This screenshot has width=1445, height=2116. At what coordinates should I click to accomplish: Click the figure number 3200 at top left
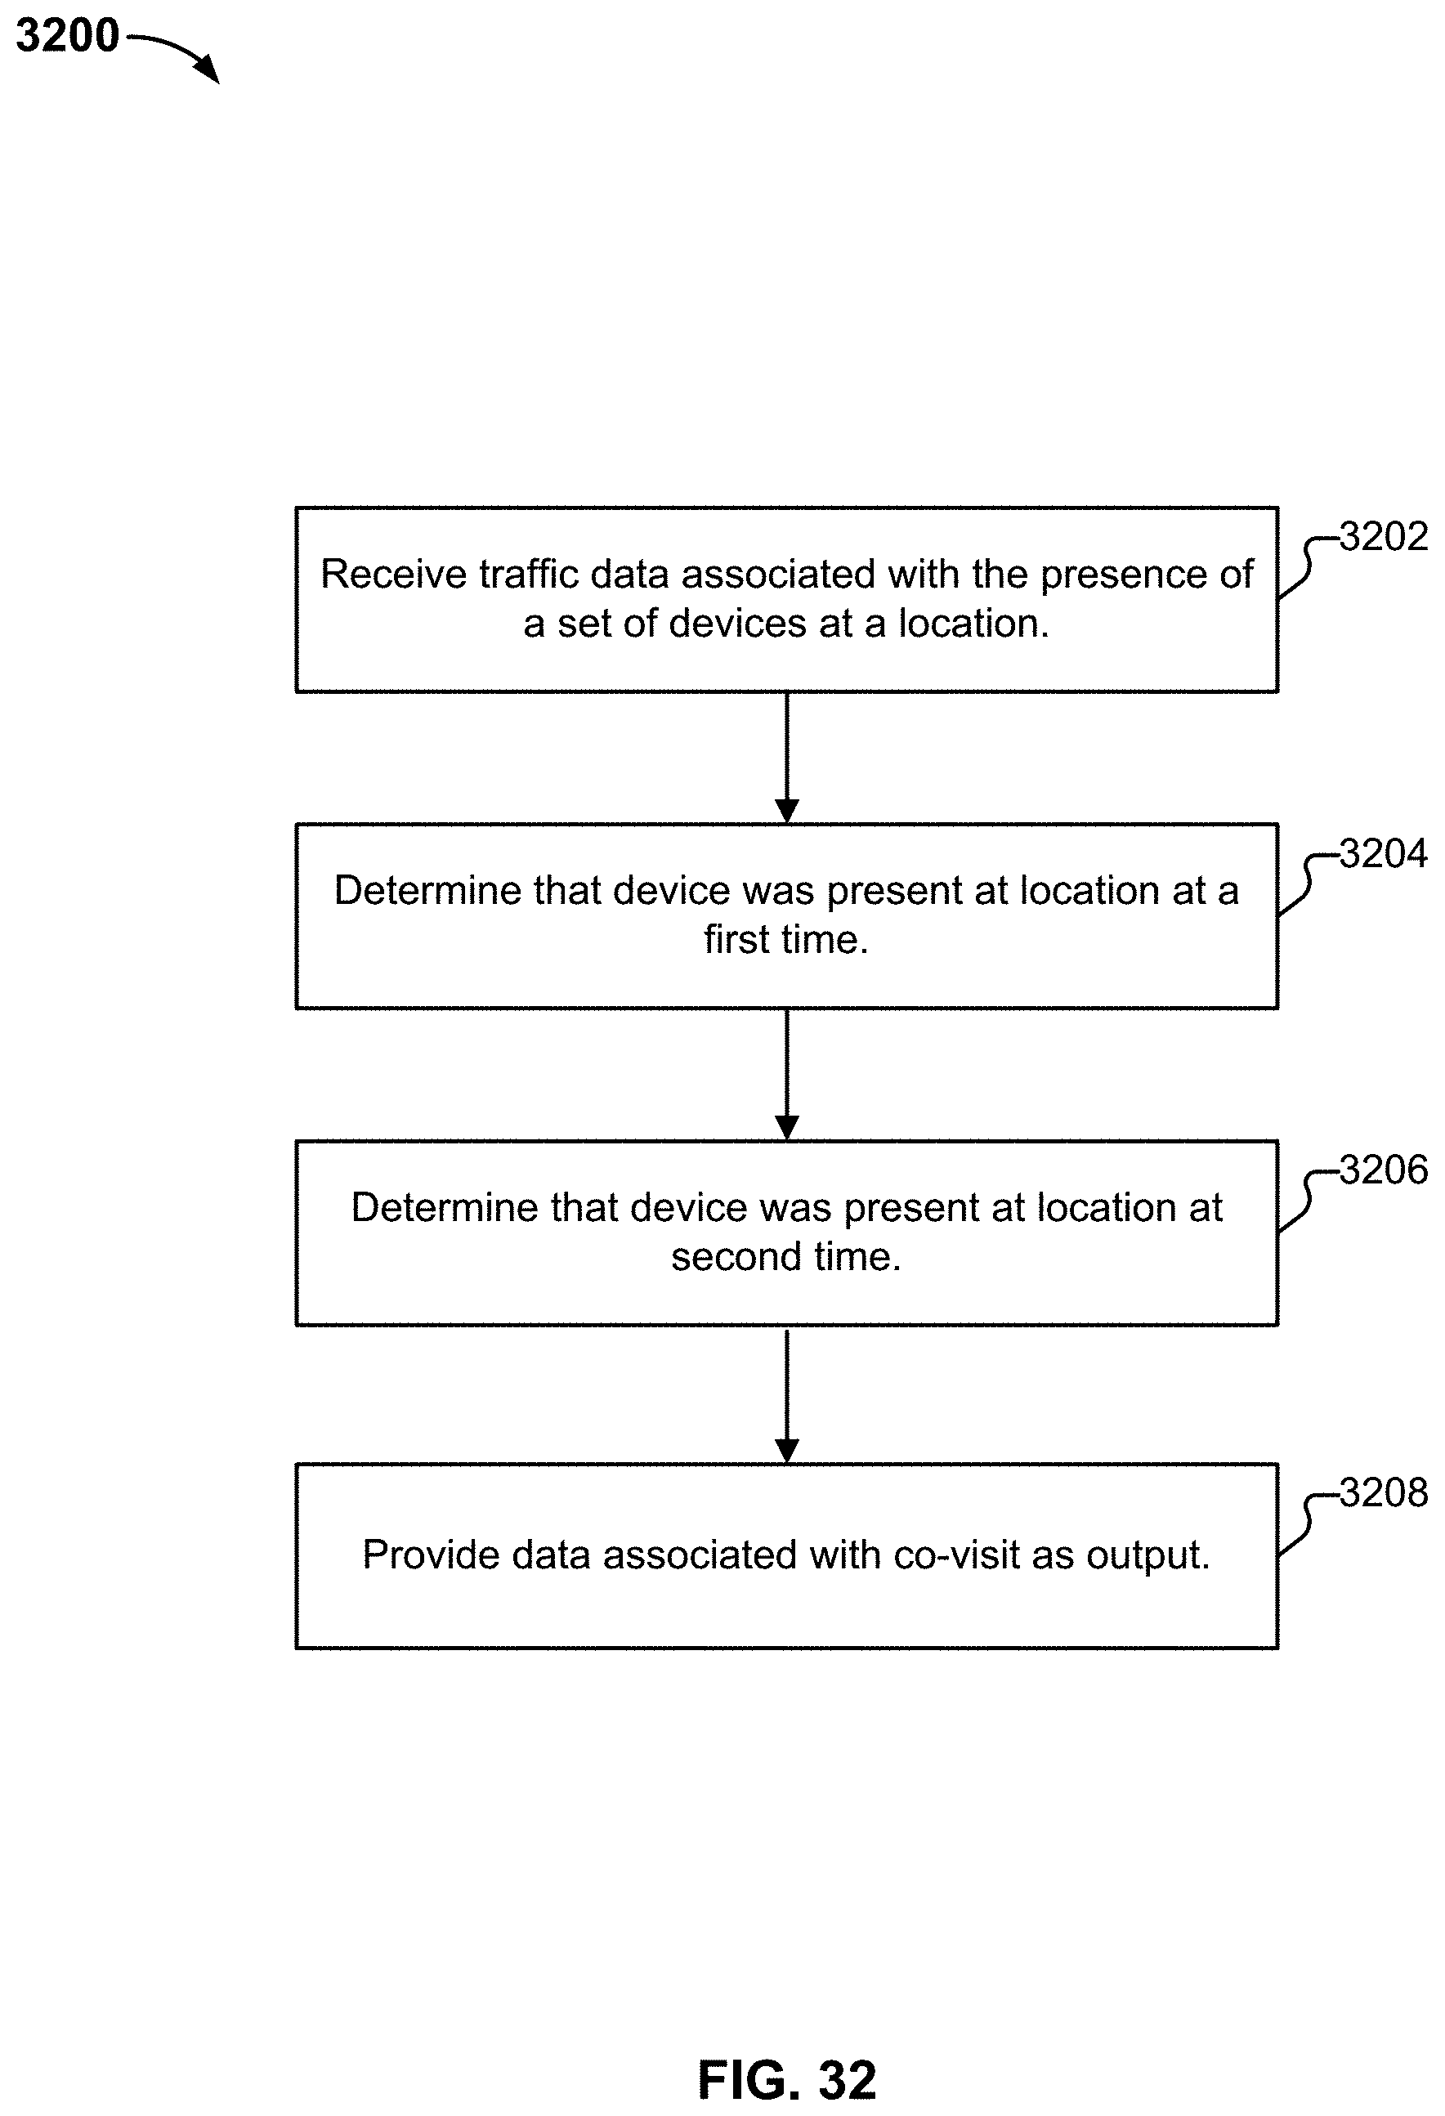67,37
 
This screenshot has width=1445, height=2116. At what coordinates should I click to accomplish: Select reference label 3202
1383,537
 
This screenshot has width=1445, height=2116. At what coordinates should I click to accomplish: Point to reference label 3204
1383,854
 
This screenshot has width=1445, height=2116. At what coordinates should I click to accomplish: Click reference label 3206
1383,1170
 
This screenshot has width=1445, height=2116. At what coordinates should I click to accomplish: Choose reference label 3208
1383,1493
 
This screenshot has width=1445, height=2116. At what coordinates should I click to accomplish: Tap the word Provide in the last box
431,1555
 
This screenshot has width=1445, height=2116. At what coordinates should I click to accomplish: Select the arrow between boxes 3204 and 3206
787,1075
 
